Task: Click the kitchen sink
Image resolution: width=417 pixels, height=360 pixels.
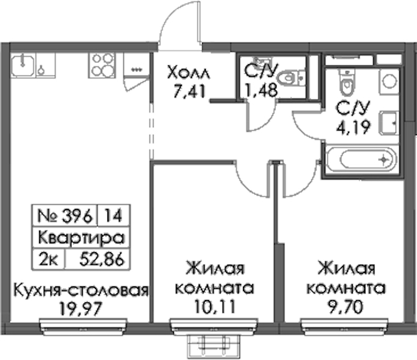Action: coord(23,65)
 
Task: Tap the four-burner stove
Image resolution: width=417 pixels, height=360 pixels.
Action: coord(102,65)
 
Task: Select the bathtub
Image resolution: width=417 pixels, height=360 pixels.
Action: coord(361,160)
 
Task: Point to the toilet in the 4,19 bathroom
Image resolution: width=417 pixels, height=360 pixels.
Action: coord(347,82)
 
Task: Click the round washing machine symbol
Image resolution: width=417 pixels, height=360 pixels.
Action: coord(389,81)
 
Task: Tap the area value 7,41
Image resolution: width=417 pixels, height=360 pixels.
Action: coord(190,91)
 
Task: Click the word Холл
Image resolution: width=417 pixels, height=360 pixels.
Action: coord(189,73)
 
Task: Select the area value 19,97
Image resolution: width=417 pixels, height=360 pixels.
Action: coord(80,309)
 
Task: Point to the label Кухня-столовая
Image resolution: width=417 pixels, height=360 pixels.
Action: coord(80,290)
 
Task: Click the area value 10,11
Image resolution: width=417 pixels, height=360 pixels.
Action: coord(215,306)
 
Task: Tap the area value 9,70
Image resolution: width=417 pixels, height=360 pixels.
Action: coord(346,307)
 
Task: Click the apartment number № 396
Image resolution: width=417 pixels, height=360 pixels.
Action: coord(65,215)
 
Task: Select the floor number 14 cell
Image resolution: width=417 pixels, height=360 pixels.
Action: coord(113,215)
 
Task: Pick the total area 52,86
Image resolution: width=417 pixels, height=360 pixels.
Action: coord(102,259)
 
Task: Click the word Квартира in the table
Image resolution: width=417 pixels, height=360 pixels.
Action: coord(81,238)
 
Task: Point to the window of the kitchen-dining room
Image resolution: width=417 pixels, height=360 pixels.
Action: coord(83,326)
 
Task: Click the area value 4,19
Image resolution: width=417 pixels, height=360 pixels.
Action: coord(353,128)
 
